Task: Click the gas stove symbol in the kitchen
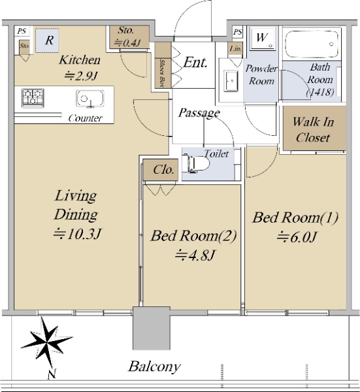(x=33, y=98)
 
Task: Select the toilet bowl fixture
(x=195, y=164)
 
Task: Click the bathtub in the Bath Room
(x=312, y=44)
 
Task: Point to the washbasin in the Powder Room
(x=231, y=81)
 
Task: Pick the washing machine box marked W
(x=262, y=38)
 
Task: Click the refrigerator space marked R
(x=47, y=41)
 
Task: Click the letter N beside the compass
(x=52, y=374)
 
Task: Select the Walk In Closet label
(x=313, y=129)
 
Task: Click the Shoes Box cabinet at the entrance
(x=163, y=65)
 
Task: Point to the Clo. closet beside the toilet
(x=161, y=170)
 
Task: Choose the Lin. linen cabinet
(x=235, y=48)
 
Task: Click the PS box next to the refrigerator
(x=22, y=31)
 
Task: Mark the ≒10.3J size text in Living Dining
(x=77, y=234)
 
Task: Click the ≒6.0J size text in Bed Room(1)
(x=297, y=237)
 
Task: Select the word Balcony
(x=154, y=367)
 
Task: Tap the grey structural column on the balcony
(x=151, y=328)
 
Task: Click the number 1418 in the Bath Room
(x=320, y=92)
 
